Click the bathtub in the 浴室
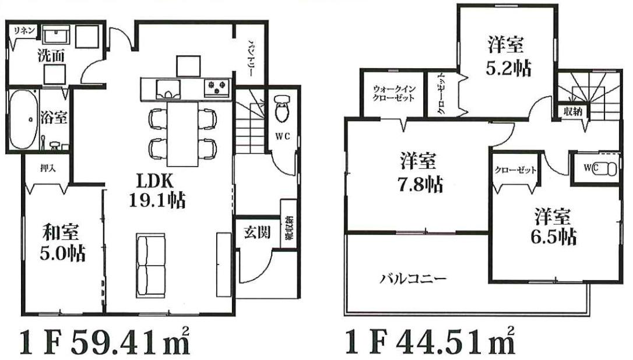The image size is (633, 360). (x=25, y=119)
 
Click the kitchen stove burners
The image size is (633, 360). (x=216, y=89)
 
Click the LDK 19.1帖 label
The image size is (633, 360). (x=156, y=190)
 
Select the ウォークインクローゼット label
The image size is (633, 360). (x=394, y=93)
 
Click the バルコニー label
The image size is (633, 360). (x=414, y=279)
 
